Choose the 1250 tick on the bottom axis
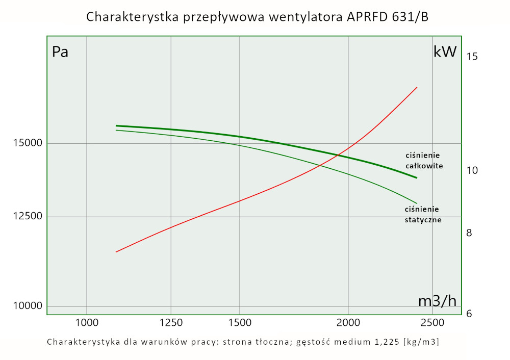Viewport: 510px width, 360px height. click(x=171, y=323)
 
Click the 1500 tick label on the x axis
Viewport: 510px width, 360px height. click(x=240, y=323)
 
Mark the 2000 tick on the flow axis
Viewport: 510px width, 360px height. click(x=348, y=323)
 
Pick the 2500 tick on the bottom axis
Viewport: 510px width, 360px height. click(x=432, y=323)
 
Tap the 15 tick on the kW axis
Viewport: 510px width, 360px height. click(x=472, y=56)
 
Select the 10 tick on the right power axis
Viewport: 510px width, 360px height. click(x=472, y=170)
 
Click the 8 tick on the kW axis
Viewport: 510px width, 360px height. click(x=470, y=233)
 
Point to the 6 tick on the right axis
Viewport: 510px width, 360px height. click(x=470, y=313)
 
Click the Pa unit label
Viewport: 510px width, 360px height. click(x=60, y=52)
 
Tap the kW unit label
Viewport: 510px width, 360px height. click(x=444, y=52)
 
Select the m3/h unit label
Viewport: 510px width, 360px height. click(x=437, y=301)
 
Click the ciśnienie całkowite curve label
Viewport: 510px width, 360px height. click(x=424, y=161)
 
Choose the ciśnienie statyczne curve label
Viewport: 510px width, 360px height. click(x=423, y=215)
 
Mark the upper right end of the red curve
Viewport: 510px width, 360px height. click(x=417, y=88)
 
